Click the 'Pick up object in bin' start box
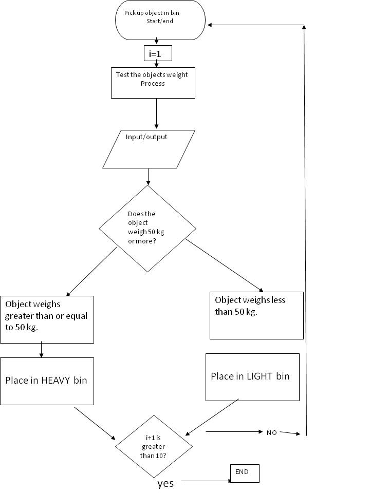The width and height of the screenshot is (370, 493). (x=161, y=21)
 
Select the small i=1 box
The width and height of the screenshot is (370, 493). (x=157, y=53)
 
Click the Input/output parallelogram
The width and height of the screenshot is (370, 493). (x=149, y=149)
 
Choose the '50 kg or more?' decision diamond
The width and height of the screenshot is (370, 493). (x=147, y=229)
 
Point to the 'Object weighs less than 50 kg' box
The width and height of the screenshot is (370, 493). (x=256, y=315)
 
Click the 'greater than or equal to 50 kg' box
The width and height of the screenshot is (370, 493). (x=47, y=319)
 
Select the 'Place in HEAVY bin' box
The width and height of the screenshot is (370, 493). (x=47, y=381)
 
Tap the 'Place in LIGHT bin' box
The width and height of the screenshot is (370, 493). (x=252, y=376)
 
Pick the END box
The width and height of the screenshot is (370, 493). (x=245, y=473)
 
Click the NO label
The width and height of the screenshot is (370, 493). (x=271, y=432)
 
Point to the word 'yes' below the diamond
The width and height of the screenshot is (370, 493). (x=165, y=483)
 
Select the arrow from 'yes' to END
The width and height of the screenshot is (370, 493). (x=206, y=481)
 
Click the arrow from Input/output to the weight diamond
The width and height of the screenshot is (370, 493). (x=148, y=177)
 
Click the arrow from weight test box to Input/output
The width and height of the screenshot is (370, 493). (x=156, y=113)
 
